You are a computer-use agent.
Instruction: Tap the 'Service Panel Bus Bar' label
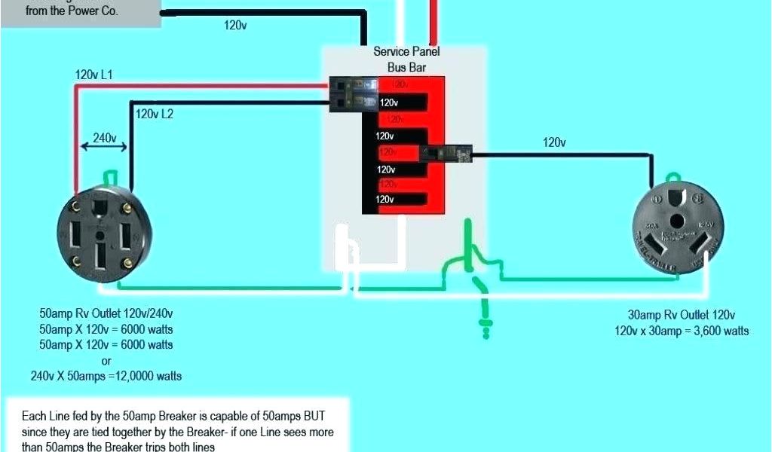point(406,59)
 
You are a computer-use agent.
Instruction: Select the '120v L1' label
point(93,75)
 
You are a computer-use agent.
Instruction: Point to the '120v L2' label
point(155,115)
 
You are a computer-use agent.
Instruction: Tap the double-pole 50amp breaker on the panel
point(354,94)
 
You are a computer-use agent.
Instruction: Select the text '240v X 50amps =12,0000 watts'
point(106,376)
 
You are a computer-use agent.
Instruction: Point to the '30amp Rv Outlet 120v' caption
point(681,316)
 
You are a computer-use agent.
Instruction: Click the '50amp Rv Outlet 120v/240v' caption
point(111,313)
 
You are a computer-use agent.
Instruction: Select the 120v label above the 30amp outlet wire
point(554,142)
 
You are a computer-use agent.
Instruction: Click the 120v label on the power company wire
point(235,25)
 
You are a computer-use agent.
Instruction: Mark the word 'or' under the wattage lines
point(106,361)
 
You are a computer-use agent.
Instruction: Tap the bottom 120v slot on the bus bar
point(385,200)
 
